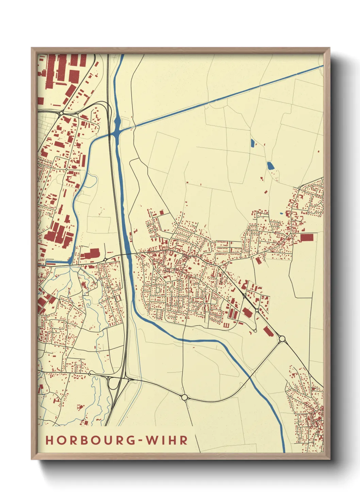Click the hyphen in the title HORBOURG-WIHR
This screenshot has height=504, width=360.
click(139, 441)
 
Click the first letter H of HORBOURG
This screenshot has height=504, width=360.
click(50, 440)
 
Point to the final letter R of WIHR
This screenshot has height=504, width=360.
click(184, 440)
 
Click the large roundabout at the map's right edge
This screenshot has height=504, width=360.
click(282, 338)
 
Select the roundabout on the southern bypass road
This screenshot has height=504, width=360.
click(184, 397)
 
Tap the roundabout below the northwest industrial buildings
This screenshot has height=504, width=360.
click(62, 113)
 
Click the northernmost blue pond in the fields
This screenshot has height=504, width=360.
click(252, 143)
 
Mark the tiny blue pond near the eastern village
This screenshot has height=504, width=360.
click(281, 214)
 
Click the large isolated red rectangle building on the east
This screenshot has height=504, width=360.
click(307, 237)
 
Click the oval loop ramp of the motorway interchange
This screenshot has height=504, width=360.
click(112, 384)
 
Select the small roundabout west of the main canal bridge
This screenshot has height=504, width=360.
click(105, 259)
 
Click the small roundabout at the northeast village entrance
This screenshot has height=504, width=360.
click(299, 188)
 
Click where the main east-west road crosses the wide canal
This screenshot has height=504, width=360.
click(128, 254)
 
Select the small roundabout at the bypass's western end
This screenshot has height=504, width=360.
click(89, 374)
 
